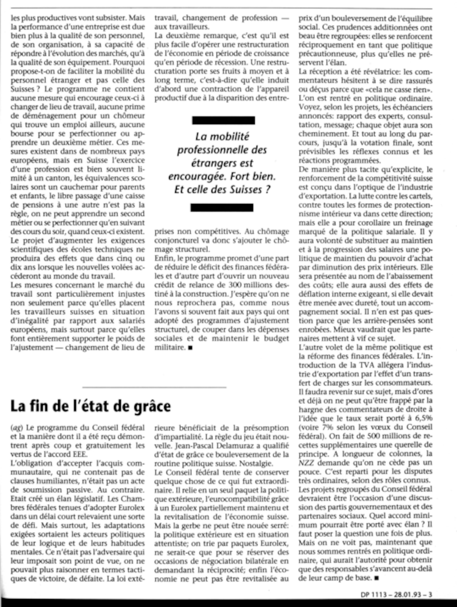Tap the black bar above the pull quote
pyautogui.click(x=223, y=120)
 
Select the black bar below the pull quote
pyautogui.click(x=222, y=208)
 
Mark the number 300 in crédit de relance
pyautogui.click(x=235, y=285)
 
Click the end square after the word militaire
pyautogui.click(x=190, y=348)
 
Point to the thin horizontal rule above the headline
pyautogui.click(x=154, y=387)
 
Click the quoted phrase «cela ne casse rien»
pyautogui.click(x=399, y=90)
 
